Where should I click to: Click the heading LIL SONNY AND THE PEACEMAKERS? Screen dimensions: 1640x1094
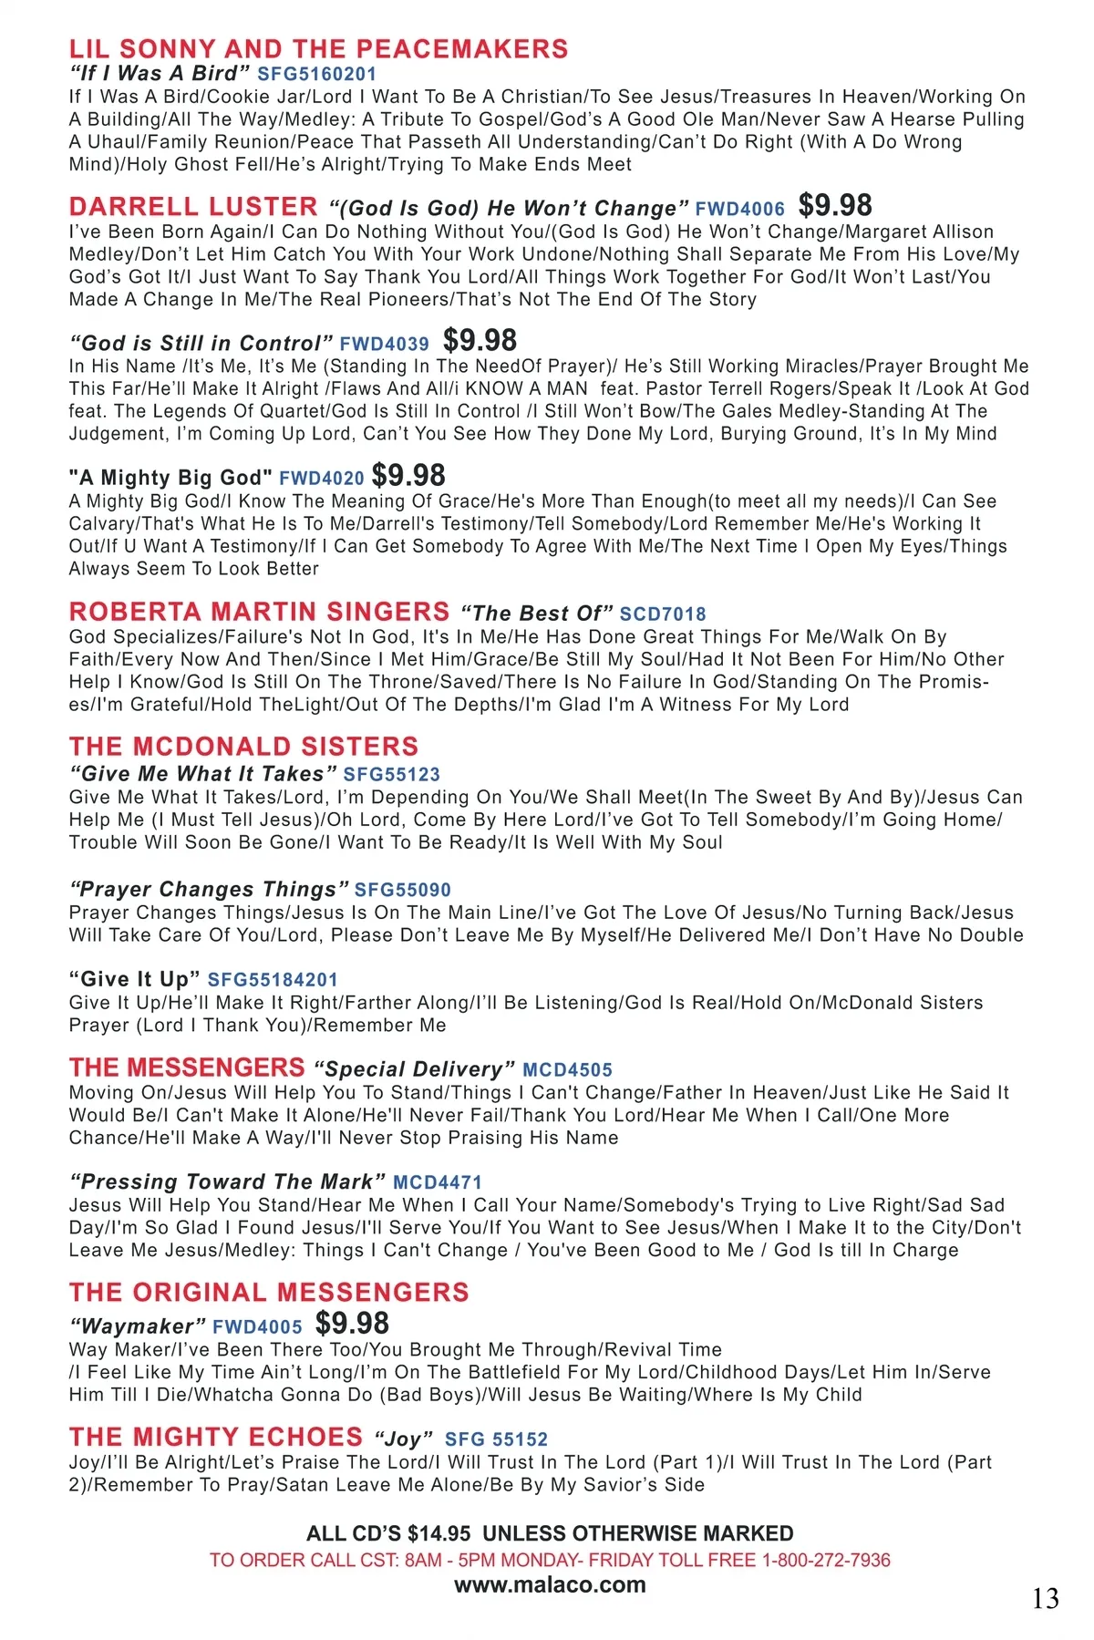[x=318, y=49]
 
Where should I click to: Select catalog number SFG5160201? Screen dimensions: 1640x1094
[x=316, y=75]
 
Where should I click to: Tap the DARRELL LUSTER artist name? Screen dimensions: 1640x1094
[x=193, y=207]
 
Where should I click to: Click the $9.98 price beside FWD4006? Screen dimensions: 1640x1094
[x=835, y=206]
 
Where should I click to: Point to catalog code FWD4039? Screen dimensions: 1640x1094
[x=384, y=345]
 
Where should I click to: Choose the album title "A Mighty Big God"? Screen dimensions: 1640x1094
[x=170, y=479]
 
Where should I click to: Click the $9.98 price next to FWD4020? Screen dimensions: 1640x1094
[x=408, y=476]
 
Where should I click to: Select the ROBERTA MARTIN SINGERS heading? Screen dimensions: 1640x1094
[x=259, y=612]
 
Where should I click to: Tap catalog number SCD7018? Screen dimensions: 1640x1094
[x=663, y=614]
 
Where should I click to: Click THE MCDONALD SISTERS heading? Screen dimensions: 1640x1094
[x=243, y=747]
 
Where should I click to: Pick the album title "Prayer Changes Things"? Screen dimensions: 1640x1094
[x=209, y=890]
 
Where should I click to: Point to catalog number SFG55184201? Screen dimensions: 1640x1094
[x=273, y=980]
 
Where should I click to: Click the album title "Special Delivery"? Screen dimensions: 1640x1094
[x=414, y=1069]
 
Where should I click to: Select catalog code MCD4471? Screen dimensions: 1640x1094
[x=438, y=1182]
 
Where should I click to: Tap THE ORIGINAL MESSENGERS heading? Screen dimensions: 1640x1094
[x=269, y=1293]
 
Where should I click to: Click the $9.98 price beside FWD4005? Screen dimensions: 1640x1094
[x=352, y=1324]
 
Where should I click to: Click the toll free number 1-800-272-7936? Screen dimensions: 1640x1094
[x=826, y=1560]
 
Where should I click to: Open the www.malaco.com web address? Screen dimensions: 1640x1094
[x=550, y=1585]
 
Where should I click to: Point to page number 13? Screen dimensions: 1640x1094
[x=1046, y=1598]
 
